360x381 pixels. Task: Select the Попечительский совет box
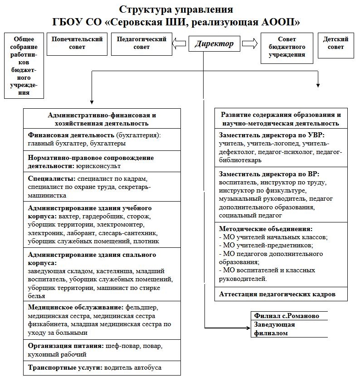pos(77,43)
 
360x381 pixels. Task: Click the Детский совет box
pos(336,43)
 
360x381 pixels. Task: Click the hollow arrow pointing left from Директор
pos(180,43)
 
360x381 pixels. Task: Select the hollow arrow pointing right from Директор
pos(249,43)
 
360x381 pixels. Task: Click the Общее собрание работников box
pos(24,65)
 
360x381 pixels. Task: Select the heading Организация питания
pos(66,346)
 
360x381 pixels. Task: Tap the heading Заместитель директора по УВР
pos(272,135)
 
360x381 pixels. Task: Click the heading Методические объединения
pos(265,229)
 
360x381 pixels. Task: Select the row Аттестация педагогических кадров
pos(277,294)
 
